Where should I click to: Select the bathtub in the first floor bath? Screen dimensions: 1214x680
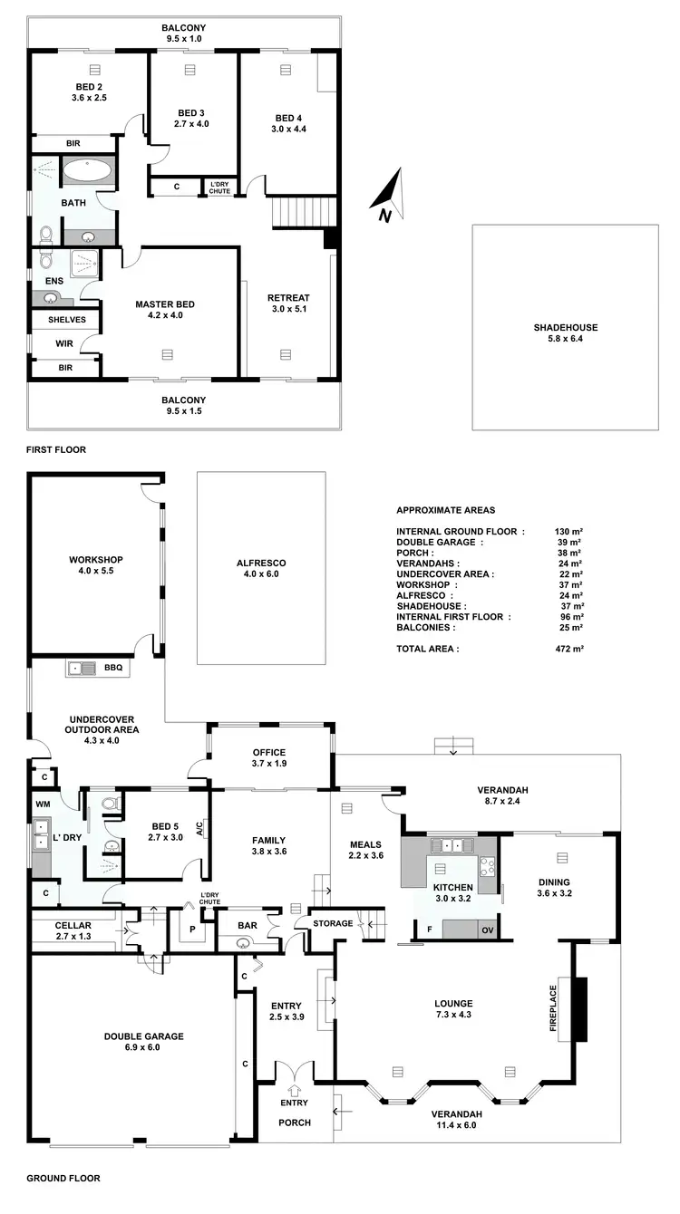click(x=88, y=170)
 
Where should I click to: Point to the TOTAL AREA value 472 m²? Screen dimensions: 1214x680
click(x=568, y=649)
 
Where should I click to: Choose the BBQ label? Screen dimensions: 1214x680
click(x=113, y=668)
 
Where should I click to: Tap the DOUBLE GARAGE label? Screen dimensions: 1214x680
click(x=143, y=1036)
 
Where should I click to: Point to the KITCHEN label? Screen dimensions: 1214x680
click(x=452, y=887)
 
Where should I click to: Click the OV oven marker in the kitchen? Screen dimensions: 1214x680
click(x=487, y=930)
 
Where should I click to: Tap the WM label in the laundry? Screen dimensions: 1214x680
click(x=43, y=804)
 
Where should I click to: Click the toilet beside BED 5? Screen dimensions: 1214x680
click(x=108, y=803)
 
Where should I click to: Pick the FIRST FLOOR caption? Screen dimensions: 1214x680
click(x=56, y=448)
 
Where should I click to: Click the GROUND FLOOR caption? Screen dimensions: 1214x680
click(x=63, y=1179)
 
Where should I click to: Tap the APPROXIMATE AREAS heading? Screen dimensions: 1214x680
click(x=446, y=510)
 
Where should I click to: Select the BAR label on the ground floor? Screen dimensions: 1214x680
click(x=244, y=925)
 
